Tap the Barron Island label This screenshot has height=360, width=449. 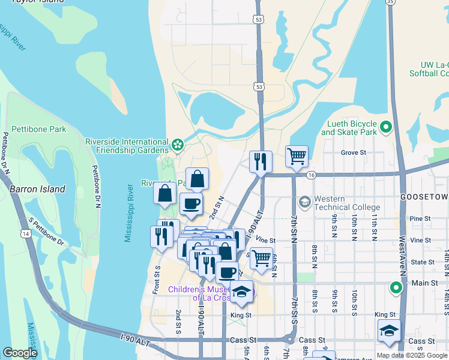pyautogui.click(x=37, y=189)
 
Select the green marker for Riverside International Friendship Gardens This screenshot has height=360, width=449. pyautogui.click(x=177, y=145)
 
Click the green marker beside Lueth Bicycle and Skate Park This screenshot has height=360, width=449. pyautogui.click(x=387, y=127)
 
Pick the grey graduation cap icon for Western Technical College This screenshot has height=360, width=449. pyautogui.click(x=306, y=202)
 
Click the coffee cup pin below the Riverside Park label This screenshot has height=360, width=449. pyautogui.click(x=191, y=205)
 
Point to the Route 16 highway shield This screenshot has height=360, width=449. pyautogui.click(x=310, y=175)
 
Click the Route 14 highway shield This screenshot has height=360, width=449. pyautogui.click(x=25, y=233)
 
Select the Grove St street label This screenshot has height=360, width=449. pyautogui.click(x=354, y=153)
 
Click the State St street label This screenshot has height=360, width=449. pyautogui.click(x=423, y=262)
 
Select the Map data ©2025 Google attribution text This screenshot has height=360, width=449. pyautogui.click(x=411, y=355)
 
